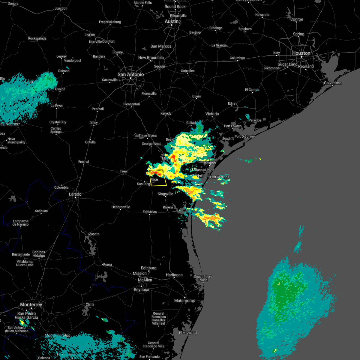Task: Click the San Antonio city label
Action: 130,74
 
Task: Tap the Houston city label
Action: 301,53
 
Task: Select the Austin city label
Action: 172,21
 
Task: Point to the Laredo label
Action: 75,194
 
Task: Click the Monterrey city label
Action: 31,304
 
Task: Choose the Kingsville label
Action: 166,194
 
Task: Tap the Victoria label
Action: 212,114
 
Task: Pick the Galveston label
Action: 333,83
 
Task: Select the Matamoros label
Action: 184,301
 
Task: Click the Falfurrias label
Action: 150,212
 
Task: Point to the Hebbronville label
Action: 121,207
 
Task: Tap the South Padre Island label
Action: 203,278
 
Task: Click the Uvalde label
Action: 60,89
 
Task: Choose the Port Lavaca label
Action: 233,126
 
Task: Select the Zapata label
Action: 94,234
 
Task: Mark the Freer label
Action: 124,171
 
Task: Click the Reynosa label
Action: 141,289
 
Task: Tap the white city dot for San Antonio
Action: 131,79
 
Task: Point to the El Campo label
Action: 252,90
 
